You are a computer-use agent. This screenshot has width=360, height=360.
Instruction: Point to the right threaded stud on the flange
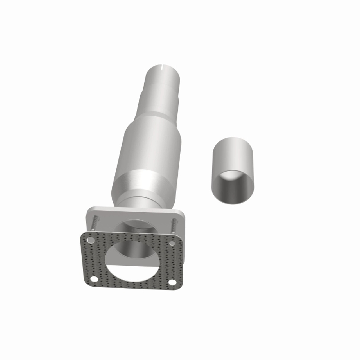pos(174,226)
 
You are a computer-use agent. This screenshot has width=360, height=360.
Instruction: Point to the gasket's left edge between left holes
pos(84,260)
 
